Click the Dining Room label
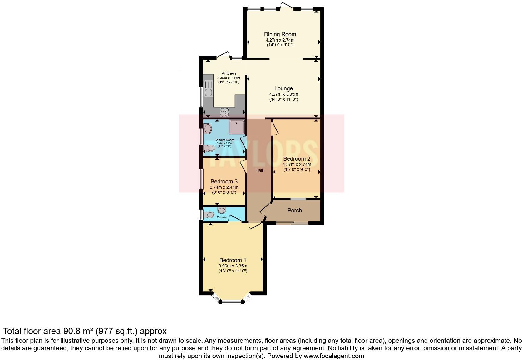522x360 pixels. pyautogui.click(x=280, y=34)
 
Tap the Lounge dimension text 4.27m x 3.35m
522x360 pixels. pyautogui.click(x=283, y=94)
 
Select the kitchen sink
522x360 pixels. pyautogui.click(x=208, y=88)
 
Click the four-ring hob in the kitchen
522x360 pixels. pyautogui.click(x=224, y=112)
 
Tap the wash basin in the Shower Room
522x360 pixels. pyautogui.click(x=208, y=128)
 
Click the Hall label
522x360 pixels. pyautogui.click(x=259, y=170)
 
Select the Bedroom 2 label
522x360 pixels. pyautogui.click(x=297, y=158)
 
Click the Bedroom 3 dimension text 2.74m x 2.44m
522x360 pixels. pyautogui.click(x=224, y=187)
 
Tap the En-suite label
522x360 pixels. pyautogui.click(x=222, y=217)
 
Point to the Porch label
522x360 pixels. pyautogui.click(x=294, y=211)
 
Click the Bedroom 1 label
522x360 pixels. pyautogui.click(x=233, y=260)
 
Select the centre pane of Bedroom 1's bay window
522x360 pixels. pyautogui.click(x=231, y=302)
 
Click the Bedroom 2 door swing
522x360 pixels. pyautogui.click(x=274, y=128)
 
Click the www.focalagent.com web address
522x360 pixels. pyautogui.click(x=334, y=356)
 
